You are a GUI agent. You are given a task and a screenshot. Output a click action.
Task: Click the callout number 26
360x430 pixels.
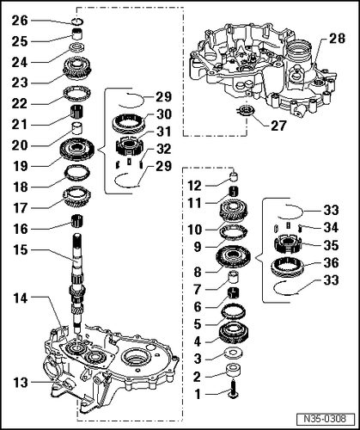[x=20, y=20]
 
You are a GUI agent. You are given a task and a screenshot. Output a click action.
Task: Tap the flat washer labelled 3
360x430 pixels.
[x=233, y=354]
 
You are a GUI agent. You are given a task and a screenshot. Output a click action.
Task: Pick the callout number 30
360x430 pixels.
[x=162, y=114]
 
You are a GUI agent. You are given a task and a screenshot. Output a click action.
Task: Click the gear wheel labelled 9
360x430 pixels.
[x=233, y=255]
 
